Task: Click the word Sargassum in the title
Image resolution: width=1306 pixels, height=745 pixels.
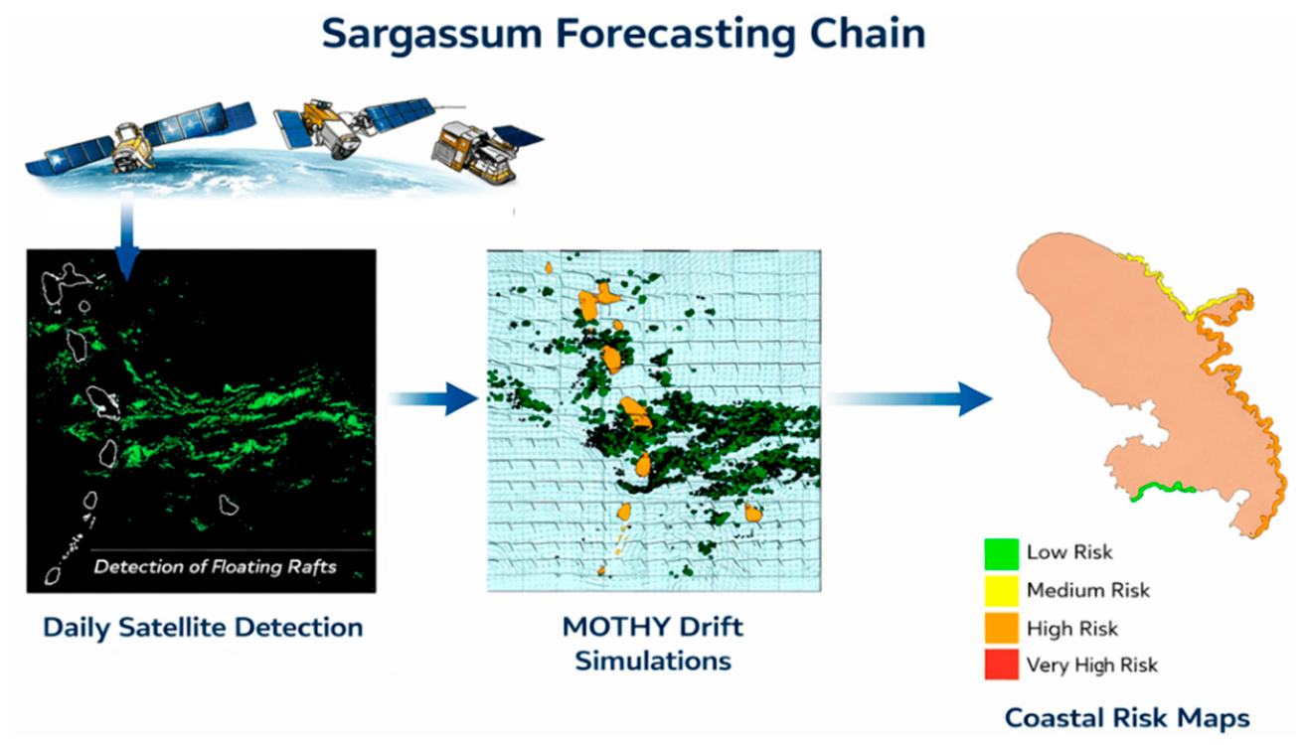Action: click(x=431, y=35)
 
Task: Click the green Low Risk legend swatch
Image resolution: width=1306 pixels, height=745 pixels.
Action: click(x=1002, y=554)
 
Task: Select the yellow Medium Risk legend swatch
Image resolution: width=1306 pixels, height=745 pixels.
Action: click(x=1002, y=591)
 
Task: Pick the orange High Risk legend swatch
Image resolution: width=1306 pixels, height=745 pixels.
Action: click(x=1002, y=628)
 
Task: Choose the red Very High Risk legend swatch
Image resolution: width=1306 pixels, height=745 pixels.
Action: click(x=1002, y=664)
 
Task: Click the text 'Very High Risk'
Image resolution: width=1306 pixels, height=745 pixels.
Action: click(x=1091, y=666)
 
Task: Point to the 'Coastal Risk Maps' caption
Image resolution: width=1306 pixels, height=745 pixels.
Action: click(x=1127, y=717)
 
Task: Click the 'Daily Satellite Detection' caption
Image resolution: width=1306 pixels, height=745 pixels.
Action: click(x=203, y=628)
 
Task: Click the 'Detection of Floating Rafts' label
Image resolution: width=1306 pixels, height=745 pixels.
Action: click(x=215, y=567)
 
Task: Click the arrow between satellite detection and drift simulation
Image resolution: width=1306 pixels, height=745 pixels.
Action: click(x=432, y=399)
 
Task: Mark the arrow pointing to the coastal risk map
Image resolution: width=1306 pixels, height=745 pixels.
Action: click(x=909, y=399)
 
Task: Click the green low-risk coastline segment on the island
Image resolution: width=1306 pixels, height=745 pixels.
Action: click(x=1163, y=491)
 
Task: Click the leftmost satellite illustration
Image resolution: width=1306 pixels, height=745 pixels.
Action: click(x=141, y=139)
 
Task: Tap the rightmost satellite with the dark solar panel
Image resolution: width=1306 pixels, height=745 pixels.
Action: click(x=487, y=151)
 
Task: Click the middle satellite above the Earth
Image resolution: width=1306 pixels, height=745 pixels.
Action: click(x=353, y=127)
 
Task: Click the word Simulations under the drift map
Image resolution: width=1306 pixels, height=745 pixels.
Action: click(x=653, y=662)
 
